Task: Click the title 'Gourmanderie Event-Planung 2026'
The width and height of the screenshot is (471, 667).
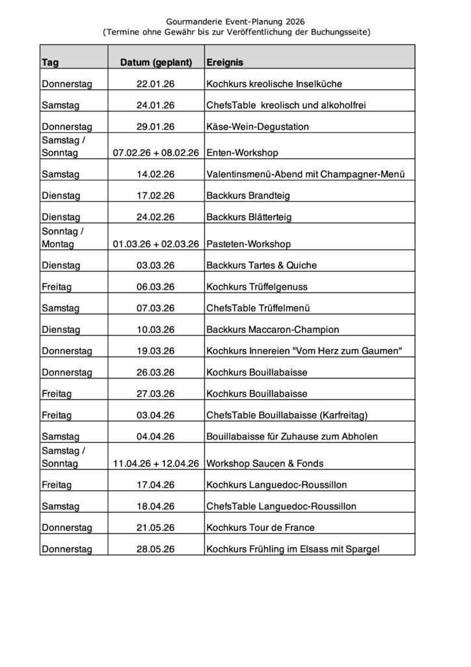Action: click(235, 21)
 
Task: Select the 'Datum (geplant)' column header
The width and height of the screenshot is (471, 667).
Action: click(156, 63)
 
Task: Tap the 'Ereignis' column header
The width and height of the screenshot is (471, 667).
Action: click(225, 63)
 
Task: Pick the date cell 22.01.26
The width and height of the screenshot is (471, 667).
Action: click(156, 84)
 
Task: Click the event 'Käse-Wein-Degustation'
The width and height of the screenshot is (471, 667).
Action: click(258, 126)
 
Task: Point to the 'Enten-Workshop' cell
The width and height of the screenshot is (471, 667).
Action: click(242, 153)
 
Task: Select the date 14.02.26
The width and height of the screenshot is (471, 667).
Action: click(156, 175)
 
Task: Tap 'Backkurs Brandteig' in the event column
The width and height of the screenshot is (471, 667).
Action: click(248, 195)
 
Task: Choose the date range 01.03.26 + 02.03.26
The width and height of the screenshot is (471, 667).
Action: click(156, 244)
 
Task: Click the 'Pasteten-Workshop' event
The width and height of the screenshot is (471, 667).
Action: click(248, 244)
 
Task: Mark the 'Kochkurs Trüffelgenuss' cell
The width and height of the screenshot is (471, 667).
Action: click(256, 287)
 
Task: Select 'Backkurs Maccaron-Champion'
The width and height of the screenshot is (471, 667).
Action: click(273, 330)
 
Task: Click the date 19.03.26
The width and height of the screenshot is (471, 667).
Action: click(156, 351)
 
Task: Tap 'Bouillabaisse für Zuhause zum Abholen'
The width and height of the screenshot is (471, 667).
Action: click(292, 436)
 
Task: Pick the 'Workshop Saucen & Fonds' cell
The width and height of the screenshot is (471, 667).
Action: click(265, 464)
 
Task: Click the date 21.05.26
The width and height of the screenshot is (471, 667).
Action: click(156, 527)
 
